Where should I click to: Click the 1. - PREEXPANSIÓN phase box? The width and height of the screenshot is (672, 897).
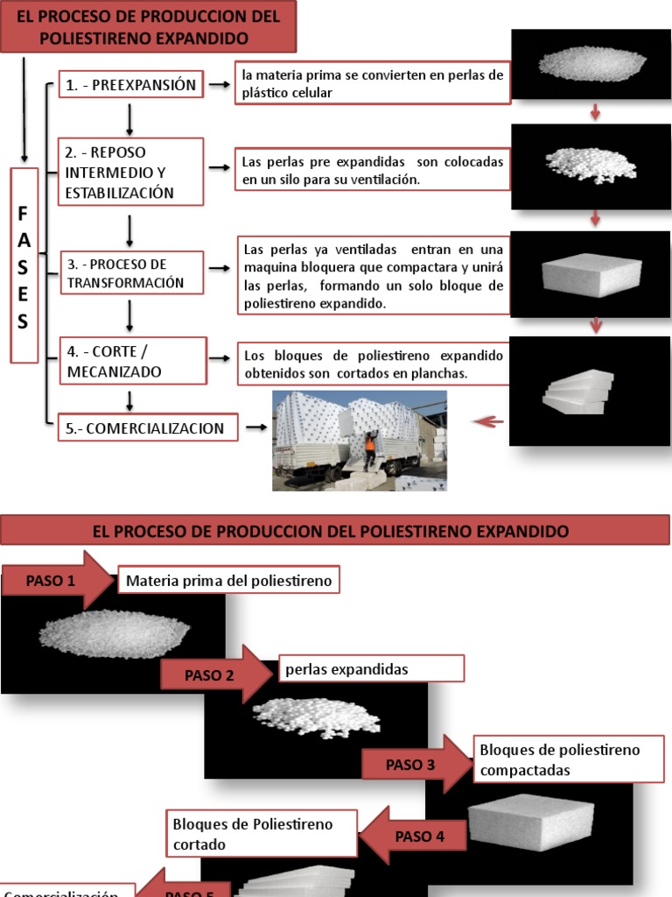[x=132, y=85]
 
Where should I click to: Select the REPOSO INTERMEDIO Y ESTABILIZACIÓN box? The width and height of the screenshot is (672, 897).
[x=130, y=173]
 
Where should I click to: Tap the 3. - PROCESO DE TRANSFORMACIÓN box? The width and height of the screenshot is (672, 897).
[x=130, y=273]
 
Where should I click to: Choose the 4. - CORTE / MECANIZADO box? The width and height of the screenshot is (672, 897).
[x=130, y=362]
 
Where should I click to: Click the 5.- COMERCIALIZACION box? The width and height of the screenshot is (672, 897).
[x=146, y=428]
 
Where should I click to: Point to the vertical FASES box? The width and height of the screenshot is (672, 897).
[x=24, y=265]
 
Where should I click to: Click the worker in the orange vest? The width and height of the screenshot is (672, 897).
[x=369, y=448]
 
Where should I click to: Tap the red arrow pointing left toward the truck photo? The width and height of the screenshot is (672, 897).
[x=488, y=422]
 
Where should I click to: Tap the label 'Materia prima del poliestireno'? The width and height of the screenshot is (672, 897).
[x=227, y=580]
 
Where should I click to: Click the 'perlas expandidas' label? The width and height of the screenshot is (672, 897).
[x=371, y=669]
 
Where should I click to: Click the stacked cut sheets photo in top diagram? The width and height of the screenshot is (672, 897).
[x=577, y=392]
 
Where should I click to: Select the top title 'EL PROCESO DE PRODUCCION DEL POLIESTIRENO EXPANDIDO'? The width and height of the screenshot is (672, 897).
[x=149, y=27]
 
